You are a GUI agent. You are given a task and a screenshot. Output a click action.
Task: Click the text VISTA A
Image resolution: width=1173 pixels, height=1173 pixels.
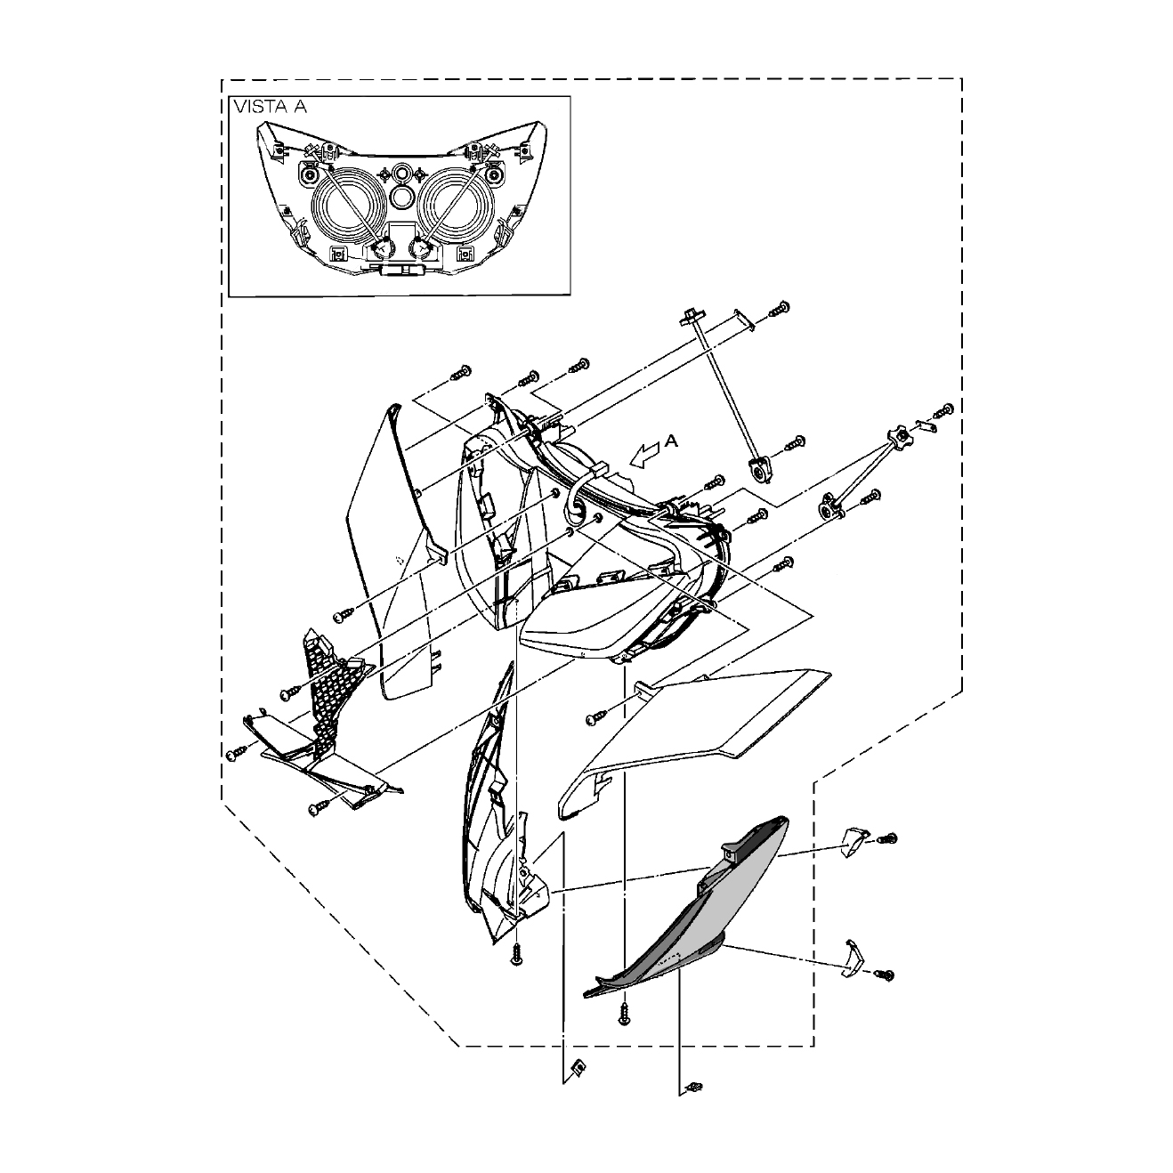click(271, 107)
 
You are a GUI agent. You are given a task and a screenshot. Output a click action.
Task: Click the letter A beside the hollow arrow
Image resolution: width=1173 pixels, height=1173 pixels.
click(671, 441)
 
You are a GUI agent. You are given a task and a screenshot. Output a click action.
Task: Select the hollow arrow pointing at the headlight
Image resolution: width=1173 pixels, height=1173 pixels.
click(645, 456)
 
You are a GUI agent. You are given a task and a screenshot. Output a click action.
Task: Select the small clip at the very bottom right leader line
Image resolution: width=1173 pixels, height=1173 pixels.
click(693, 1086)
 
